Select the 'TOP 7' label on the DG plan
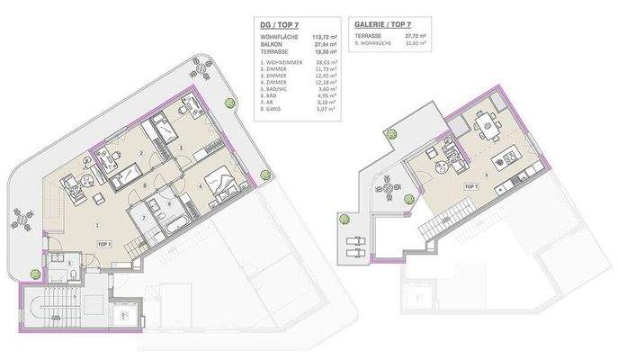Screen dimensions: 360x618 point(103,244)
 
